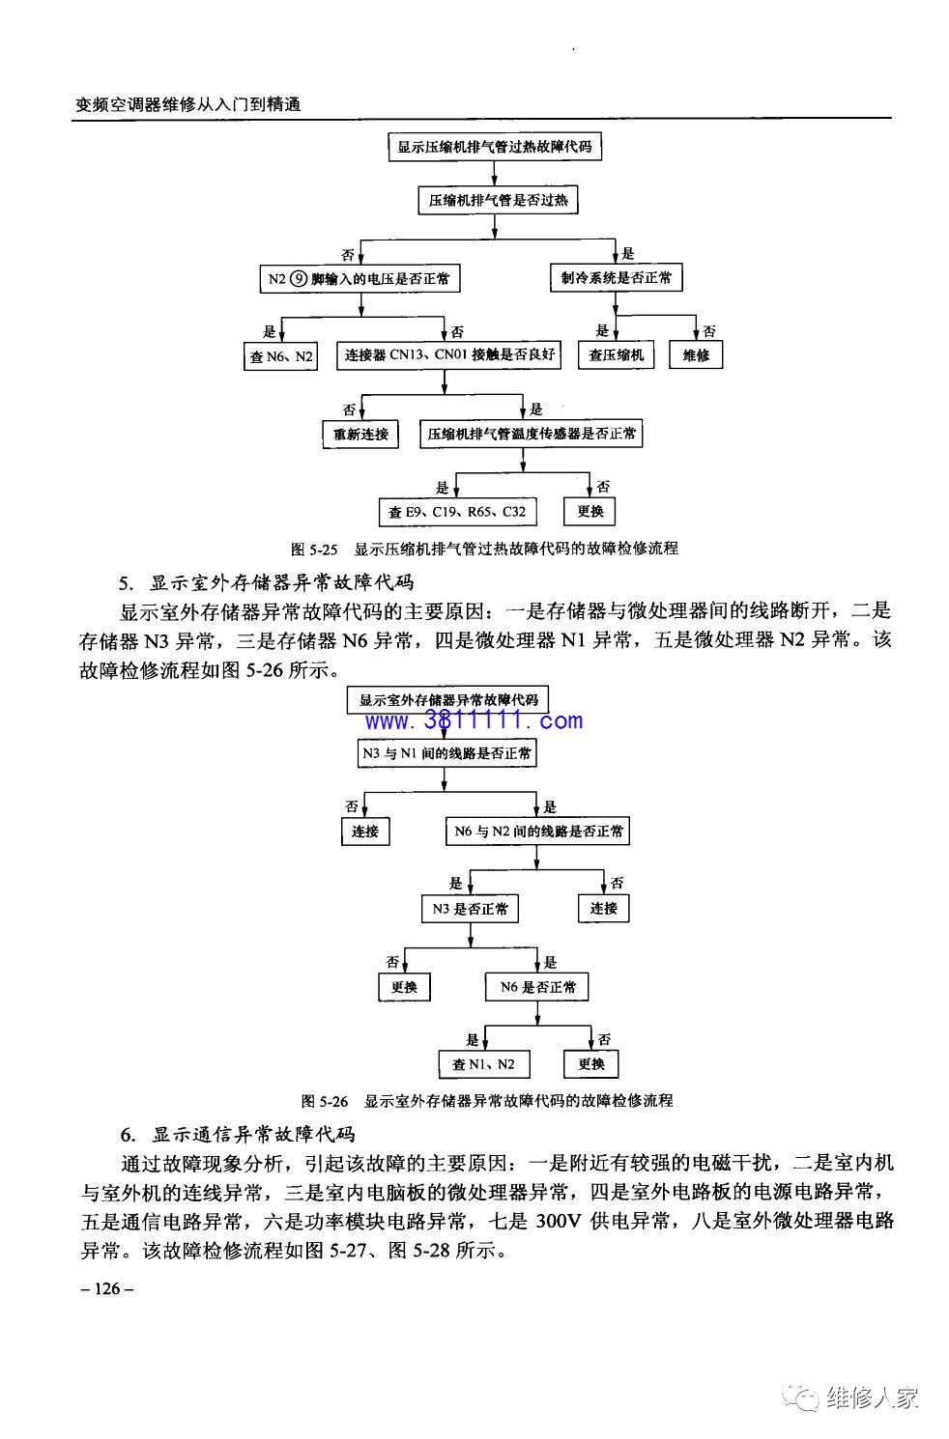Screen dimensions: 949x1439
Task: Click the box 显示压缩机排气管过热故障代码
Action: pos(495,147)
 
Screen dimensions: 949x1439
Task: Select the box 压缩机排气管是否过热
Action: pos(498,200)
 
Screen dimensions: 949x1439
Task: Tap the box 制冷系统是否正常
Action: pos(616,277)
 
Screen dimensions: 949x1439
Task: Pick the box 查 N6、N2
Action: pos(280,356)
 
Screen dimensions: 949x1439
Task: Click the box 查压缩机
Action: pos(616,354)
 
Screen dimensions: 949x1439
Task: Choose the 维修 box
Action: pos(696,354)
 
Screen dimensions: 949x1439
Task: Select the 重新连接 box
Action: pos(360,435)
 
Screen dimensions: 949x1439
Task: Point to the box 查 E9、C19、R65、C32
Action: pos(457,512)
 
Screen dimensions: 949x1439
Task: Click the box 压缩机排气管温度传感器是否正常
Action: pos(532,434)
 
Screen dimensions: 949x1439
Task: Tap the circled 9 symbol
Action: pos(299,279)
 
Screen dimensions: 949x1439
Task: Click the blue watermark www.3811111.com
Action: pos(474,720)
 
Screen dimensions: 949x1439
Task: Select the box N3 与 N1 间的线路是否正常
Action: pos(446,753)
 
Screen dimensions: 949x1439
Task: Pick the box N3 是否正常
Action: pos(470,909)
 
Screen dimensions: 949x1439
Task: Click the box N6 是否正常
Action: pos(537,987)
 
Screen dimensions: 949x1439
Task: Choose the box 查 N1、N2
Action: pos(483,1064)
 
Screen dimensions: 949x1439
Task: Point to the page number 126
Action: pos(107,1288)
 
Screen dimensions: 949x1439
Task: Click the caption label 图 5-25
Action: pos(314,549)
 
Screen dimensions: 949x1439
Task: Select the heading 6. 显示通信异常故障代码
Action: pos(238,1135)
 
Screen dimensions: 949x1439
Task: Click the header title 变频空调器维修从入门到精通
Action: pos(187,104)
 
